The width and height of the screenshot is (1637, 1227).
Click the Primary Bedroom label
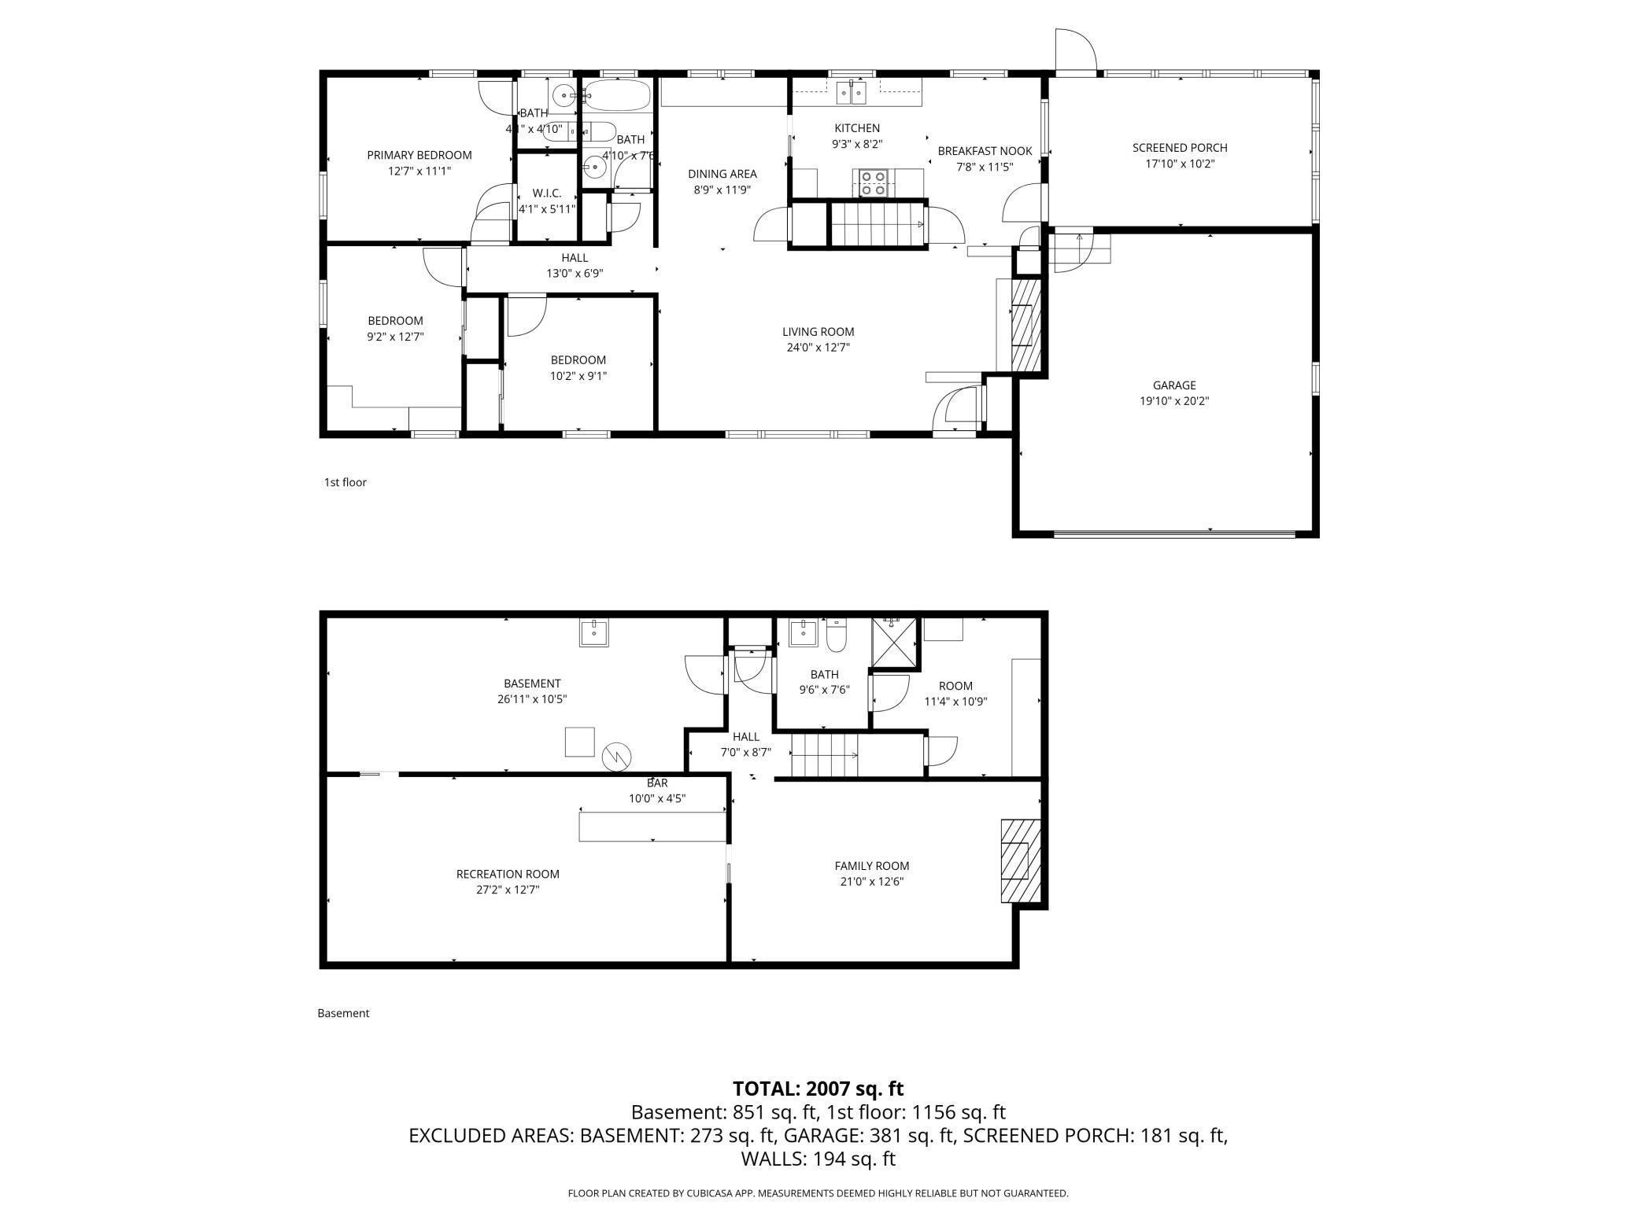pyautogui.click(x=419, y=155)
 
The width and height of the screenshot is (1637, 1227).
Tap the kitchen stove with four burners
pyautogui.click(x=872, y=183)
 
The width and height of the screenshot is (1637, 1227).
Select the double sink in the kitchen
pyautogui.click(x=851, y=93)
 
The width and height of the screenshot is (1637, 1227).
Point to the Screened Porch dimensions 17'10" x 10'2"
pyautogui.click(x=1179, y=164)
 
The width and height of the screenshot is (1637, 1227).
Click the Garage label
pyautogui.click(x=1173, y=385)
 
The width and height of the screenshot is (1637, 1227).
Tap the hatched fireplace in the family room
pyautogui.click(x=1020, y=861)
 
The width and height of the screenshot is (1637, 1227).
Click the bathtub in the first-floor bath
pyautogui.click(x=618, y=96)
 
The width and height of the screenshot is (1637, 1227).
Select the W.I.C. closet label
pyautogui.click(x=546, y=193)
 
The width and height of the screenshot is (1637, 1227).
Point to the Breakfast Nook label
pyautogui.click(x=984, y=151)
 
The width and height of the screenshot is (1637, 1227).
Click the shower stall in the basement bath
pyautogui.click(x=894, y=643)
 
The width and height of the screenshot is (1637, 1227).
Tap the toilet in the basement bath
pyautogui.click(x=836, y=636)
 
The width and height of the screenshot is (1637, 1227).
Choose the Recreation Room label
pyautogui.click(x=508, y=874)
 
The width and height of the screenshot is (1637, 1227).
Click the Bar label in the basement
pyautogui.click(x=657, y=783)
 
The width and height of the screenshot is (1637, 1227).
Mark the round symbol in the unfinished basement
pyautogui.click(x=616, y=757)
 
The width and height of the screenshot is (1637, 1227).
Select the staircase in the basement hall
pyautogui.click(x=823, y=756)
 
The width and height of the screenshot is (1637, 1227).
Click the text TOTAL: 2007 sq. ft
pyautogui.click(x=818, y=1089)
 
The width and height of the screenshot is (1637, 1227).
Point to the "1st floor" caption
pyautogui.click(x=345, y=482)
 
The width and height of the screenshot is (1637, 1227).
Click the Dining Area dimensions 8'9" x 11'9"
pyautogui.click(x=722, y=190)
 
